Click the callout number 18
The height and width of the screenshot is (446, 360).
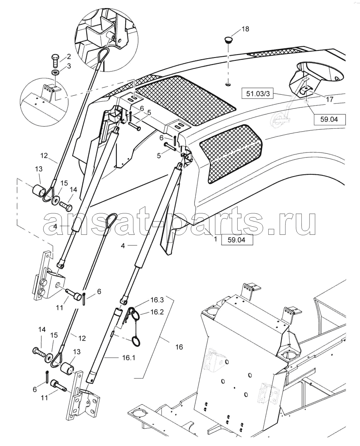245,29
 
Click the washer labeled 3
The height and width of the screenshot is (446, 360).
56,73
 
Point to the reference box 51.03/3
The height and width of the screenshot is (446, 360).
257,94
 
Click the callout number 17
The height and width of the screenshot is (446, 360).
329,99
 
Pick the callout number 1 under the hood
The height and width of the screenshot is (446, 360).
216,239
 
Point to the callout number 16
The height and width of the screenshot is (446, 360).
179,347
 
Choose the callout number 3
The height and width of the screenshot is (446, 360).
69,66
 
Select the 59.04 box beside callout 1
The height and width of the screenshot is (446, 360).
237,240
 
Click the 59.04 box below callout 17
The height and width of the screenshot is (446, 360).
329,119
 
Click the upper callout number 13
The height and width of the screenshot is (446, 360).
39,169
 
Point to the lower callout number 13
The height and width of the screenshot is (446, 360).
77,352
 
